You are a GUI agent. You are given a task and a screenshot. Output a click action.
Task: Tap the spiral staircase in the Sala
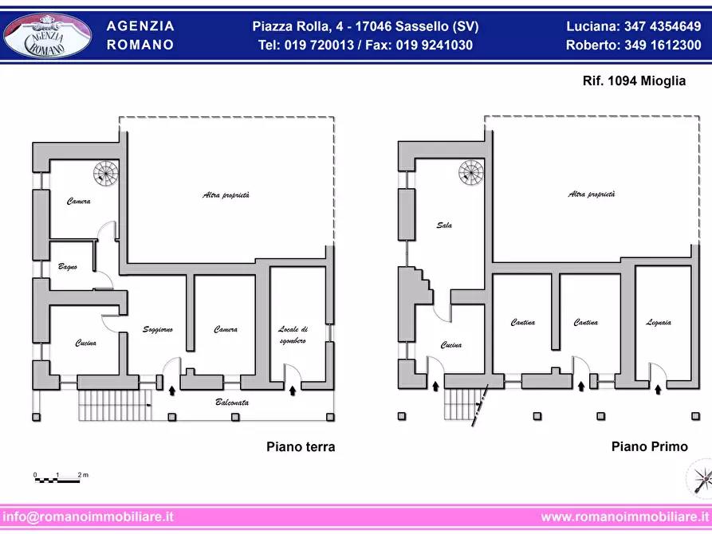coord(471,172)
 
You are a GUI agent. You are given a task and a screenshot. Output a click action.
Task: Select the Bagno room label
coord(68,266)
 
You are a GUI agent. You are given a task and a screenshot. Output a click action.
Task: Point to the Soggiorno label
coord(158,329)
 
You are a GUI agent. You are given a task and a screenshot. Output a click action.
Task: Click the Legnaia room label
coord(659,323)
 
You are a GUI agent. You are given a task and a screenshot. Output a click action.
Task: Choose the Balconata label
coord(231,402)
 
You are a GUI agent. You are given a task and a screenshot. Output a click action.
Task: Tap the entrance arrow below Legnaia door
coord(658,389)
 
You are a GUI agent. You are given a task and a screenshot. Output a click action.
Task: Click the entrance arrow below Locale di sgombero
coord(293,390)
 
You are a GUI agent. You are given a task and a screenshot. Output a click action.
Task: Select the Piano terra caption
coord(301,447)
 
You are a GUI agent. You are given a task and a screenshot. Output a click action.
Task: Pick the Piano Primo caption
coord(649,447)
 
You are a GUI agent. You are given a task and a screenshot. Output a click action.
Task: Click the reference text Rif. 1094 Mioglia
coord(634,80)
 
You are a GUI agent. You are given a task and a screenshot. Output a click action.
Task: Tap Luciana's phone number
coord(663,26)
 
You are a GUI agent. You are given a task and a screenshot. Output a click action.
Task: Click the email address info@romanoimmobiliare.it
coord(88,516)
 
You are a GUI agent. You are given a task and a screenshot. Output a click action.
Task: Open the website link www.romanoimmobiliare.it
coord(625,516)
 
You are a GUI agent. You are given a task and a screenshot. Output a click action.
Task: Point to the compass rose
coord(699,479)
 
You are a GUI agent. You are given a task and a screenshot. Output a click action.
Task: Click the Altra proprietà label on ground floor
coord(226,195)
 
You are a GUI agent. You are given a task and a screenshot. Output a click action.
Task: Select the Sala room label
coord(444,226)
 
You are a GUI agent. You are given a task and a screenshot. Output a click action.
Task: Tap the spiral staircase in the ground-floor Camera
coord(106,174)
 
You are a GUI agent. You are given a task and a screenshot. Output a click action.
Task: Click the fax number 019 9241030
coord(434,45)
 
